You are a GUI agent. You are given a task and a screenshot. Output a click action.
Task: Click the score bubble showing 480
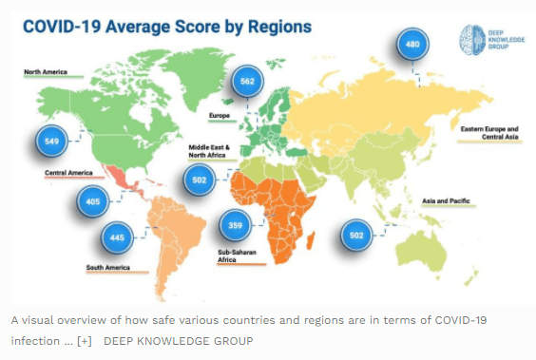pos(412,44)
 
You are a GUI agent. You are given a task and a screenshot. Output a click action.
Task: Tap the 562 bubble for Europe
pos(247,82)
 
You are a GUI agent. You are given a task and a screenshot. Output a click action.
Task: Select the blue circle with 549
pos(51,142)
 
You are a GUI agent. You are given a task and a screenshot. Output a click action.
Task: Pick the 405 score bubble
pos(92,201)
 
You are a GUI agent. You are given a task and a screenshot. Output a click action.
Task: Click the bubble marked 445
pos(117,237)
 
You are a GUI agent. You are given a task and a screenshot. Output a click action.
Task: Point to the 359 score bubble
pos(235,225)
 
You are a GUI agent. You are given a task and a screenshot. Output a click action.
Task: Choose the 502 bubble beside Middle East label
pos(200,180)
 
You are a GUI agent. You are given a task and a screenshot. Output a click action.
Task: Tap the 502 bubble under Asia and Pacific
pos(356,236)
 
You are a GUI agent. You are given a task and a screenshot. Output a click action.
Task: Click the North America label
pos(46,72)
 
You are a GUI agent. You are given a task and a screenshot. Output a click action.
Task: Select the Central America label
pos(68,173)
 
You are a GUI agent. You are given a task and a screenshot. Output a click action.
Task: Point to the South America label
pos(108,268)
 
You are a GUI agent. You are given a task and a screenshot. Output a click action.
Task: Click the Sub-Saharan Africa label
pos(237,256)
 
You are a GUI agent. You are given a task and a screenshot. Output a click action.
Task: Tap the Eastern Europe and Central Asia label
pos(489,133)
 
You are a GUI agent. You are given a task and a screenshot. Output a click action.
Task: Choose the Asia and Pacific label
pos(446,200)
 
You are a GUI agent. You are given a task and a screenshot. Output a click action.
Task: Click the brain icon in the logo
pos(472,40)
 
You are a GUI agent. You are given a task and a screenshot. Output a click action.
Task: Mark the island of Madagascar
pos(311,240)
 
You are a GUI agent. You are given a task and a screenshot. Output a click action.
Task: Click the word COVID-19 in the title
pos(62,27)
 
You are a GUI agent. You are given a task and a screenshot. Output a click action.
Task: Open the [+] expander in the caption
pos(84,341)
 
